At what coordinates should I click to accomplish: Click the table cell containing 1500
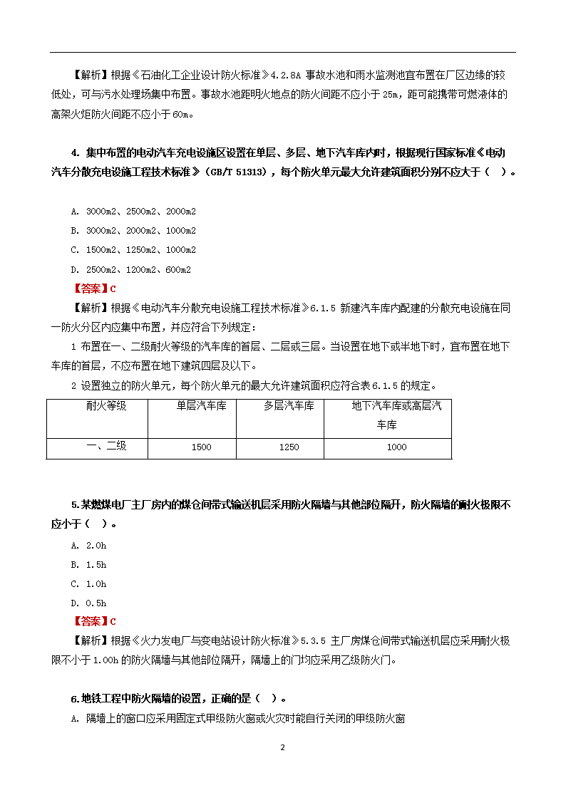click(x=202, y=447)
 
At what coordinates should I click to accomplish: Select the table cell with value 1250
click(x=289, y=447)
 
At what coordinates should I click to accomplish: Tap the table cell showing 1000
click(x=396, y=447)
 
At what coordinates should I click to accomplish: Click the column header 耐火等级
click(x=106, y=406)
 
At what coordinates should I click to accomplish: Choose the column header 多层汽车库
click(x=289, y=406)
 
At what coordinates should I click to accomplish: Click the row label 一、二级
click(x=106, y=446)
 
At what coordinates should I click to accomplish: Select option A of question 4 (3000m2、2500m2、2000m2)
click(x=133, y=212)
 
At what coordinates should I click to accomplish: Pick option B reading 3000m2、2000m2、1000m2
click(x=133, y=231)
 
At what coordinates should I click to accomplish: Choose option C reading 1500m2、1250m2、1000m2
click(x=133, y=250)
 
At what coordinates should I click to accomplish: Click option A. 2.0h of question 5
click(x=88, y=546)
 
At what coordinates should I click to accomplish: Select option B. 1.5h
click(x=88, y=565)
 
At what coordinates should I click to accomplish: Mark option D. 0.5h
click(x=88, y=603)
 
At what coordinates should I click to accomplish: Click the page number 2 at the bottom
click(x=283, y=747)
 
